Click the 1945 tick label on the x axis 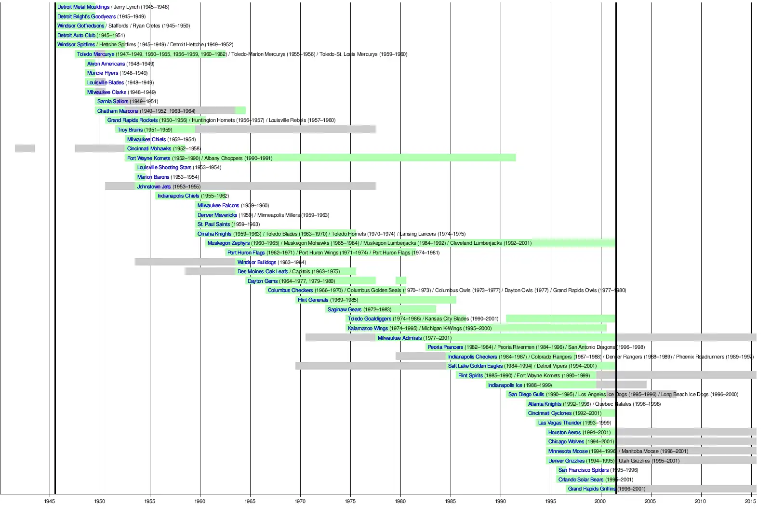click(50, 501)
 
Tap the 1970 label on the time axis click(300, 501)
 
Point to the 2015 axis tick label click(750, 501)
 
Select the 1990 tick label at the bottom click(500, 501)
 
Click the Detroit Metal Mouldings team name click(83, 7)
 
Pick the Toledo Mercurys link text click(95, 54)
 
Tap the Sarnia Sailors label click(113, 101)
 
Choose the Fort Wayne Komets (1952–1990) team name click(148, 158)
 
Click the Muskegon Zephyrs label click(228, 243)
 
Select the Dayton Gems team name click(263, 281)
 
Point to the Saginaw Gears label click(345, 309)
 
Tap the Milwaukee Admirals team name click(399, 338)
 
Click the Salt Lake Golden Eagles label click(475, 366)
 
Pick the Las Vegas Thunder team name click(559, 423)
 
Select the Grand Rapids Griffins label click(592, 489)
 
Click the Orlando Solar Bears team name click(581, 479)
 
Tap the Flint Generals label click(313, 300)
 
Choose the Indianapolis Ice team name click(505, 385)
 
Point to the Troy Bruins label click(130, 130)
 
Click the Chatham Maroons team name click(118, 111)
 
